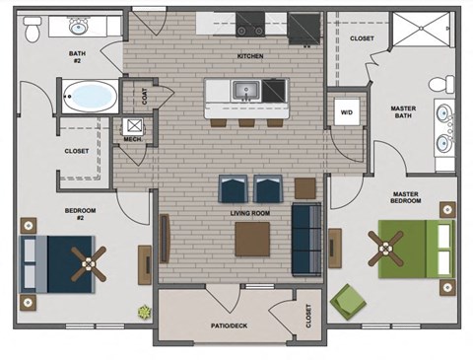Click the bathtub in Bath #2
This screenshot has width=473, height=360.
pyautogui.click(x=88, y=97)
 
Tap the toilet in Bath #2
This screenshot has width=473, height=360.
pyautogui.click(x=32, y=32)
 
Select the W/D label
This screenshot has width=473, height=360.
pyautogui.click(x=345, y=111)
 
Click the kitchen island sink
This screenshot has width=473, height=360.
pyautogui.click(x=243, y=91)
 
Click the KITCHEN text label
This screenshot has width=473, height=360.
pyautogui.click(x=250, y=56)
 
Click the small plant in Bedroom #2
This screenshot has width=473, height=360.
pyautogui.click(x=145, y=313)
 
